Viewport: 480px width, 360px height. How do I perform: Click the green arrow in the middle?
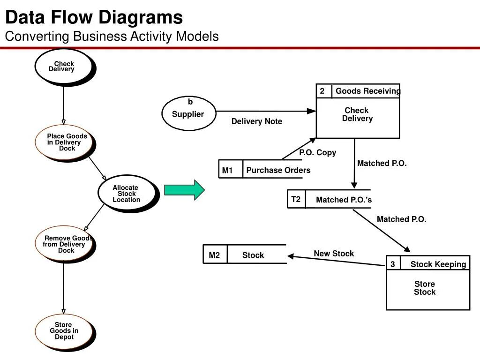[x=184, y=190]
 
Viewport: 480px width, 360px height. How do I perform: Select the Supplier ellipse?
[x=188, y=114]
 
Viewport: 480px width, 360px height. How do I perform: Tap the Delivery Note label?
[x=256, y=121]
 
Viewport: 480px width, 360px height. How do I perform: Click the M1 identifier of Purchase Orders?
[x=227, y=170]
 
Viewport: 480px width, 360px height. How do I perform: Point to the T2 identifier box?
[x=296, y=199]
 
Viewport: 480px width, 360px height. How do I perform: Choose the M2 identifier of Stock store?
[x=214, y=255]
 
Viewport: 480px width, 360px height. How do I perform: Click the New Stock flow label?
[x=334, y=254]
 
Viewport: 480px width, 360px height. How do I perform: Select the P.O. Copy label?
[x=317, y=152]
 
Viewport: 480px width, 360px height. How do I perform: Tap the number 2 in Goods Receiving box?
[x=322, y=91]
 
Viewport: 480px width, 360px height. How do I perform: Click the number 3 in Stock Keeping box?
[x=393, y=264]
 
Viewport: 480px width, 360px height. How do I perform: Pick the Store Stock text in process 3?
[x=425, y=288]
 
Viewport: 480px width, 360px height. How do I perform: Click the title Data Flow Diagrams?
[x=94, y=18]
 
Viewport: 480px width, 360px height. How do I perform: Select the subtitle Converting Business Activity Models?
[x=112, y=36]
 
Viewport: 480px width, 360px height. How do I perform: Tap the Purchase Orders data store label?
[x=278, y=170]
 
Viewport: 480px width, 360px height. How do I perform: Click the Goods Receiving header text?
[x=367, y=91]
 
